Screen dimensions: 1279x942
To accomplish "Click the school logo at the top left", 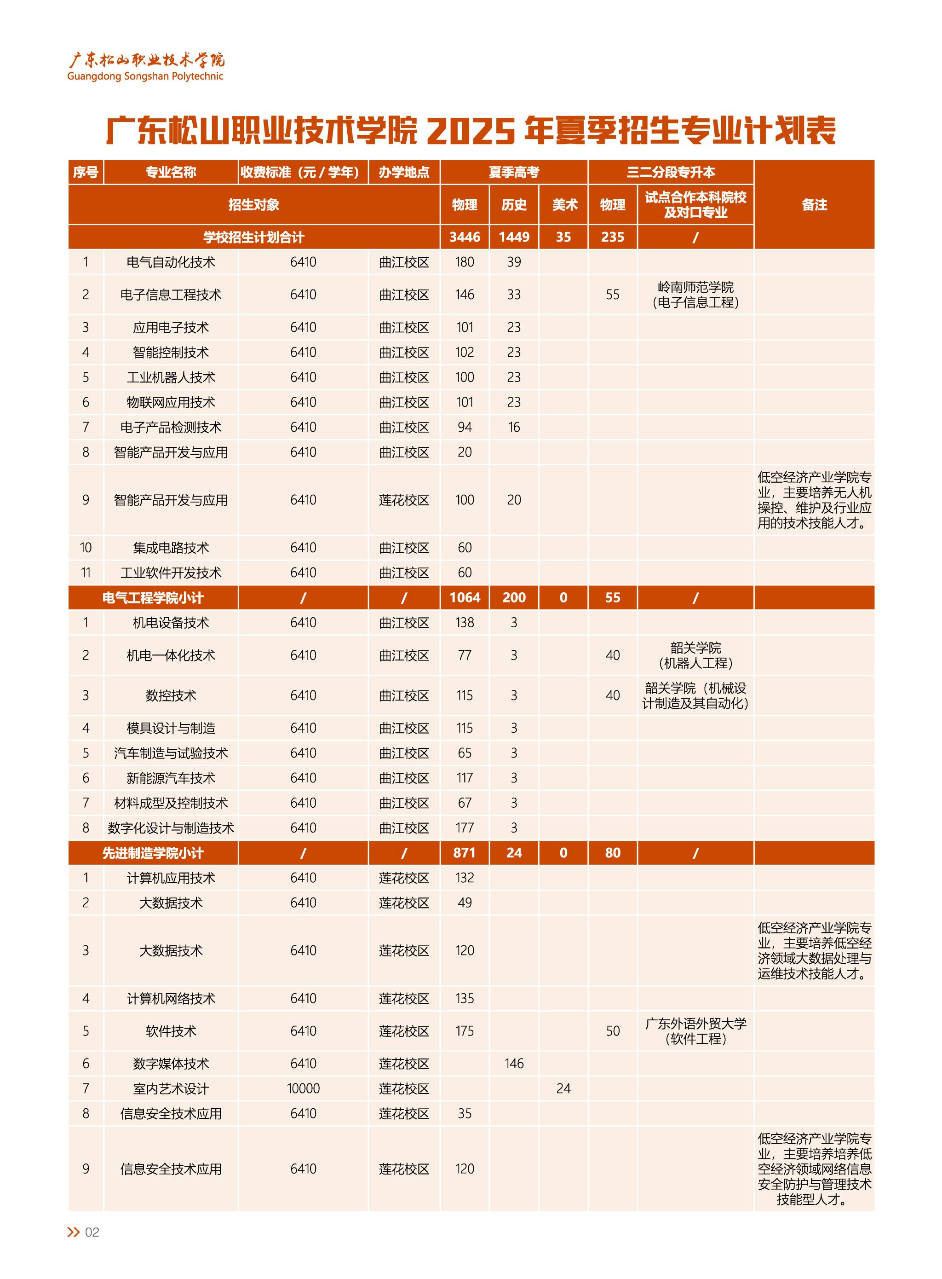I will pos(145,67).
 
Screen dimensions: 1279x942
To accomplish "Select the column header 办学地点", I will pos(404,172).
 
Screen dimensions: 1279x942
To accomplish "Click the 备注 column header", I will pos(814,205).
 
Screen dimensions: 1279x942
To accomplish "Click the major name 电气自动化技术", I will pos(171,262).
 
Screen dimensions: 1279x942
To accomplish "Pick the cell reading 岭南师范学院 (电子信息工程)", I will pos(695,295).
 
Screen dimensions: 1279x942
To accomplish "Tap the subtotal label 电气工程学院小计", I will pos(153,598).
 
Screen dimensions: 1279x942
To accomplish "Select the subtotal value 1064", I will pos(465,598).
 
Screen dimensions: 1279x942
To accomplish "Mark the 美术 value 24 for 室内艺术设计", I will pos(563,1088).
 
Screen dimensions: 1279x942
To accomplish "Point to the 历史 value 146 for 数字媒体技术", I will pos(514,1063).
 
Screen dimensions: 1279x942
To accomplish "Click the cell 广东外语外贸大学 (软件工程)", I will pos(695,1031).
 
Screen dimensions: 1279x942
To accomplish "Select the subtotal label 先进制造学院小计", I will pos(153,853).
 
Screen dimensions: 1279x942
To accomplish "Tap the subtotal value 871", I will pos(465,853).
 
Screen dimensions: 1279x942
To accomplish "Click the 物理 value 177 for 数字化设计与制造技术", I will pos(465,828).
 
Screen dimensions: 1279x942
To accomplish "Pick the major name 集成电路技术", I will pos(171,548).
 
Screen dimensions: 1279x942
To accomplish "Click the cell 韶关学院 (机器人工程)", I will pos(695,655).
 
